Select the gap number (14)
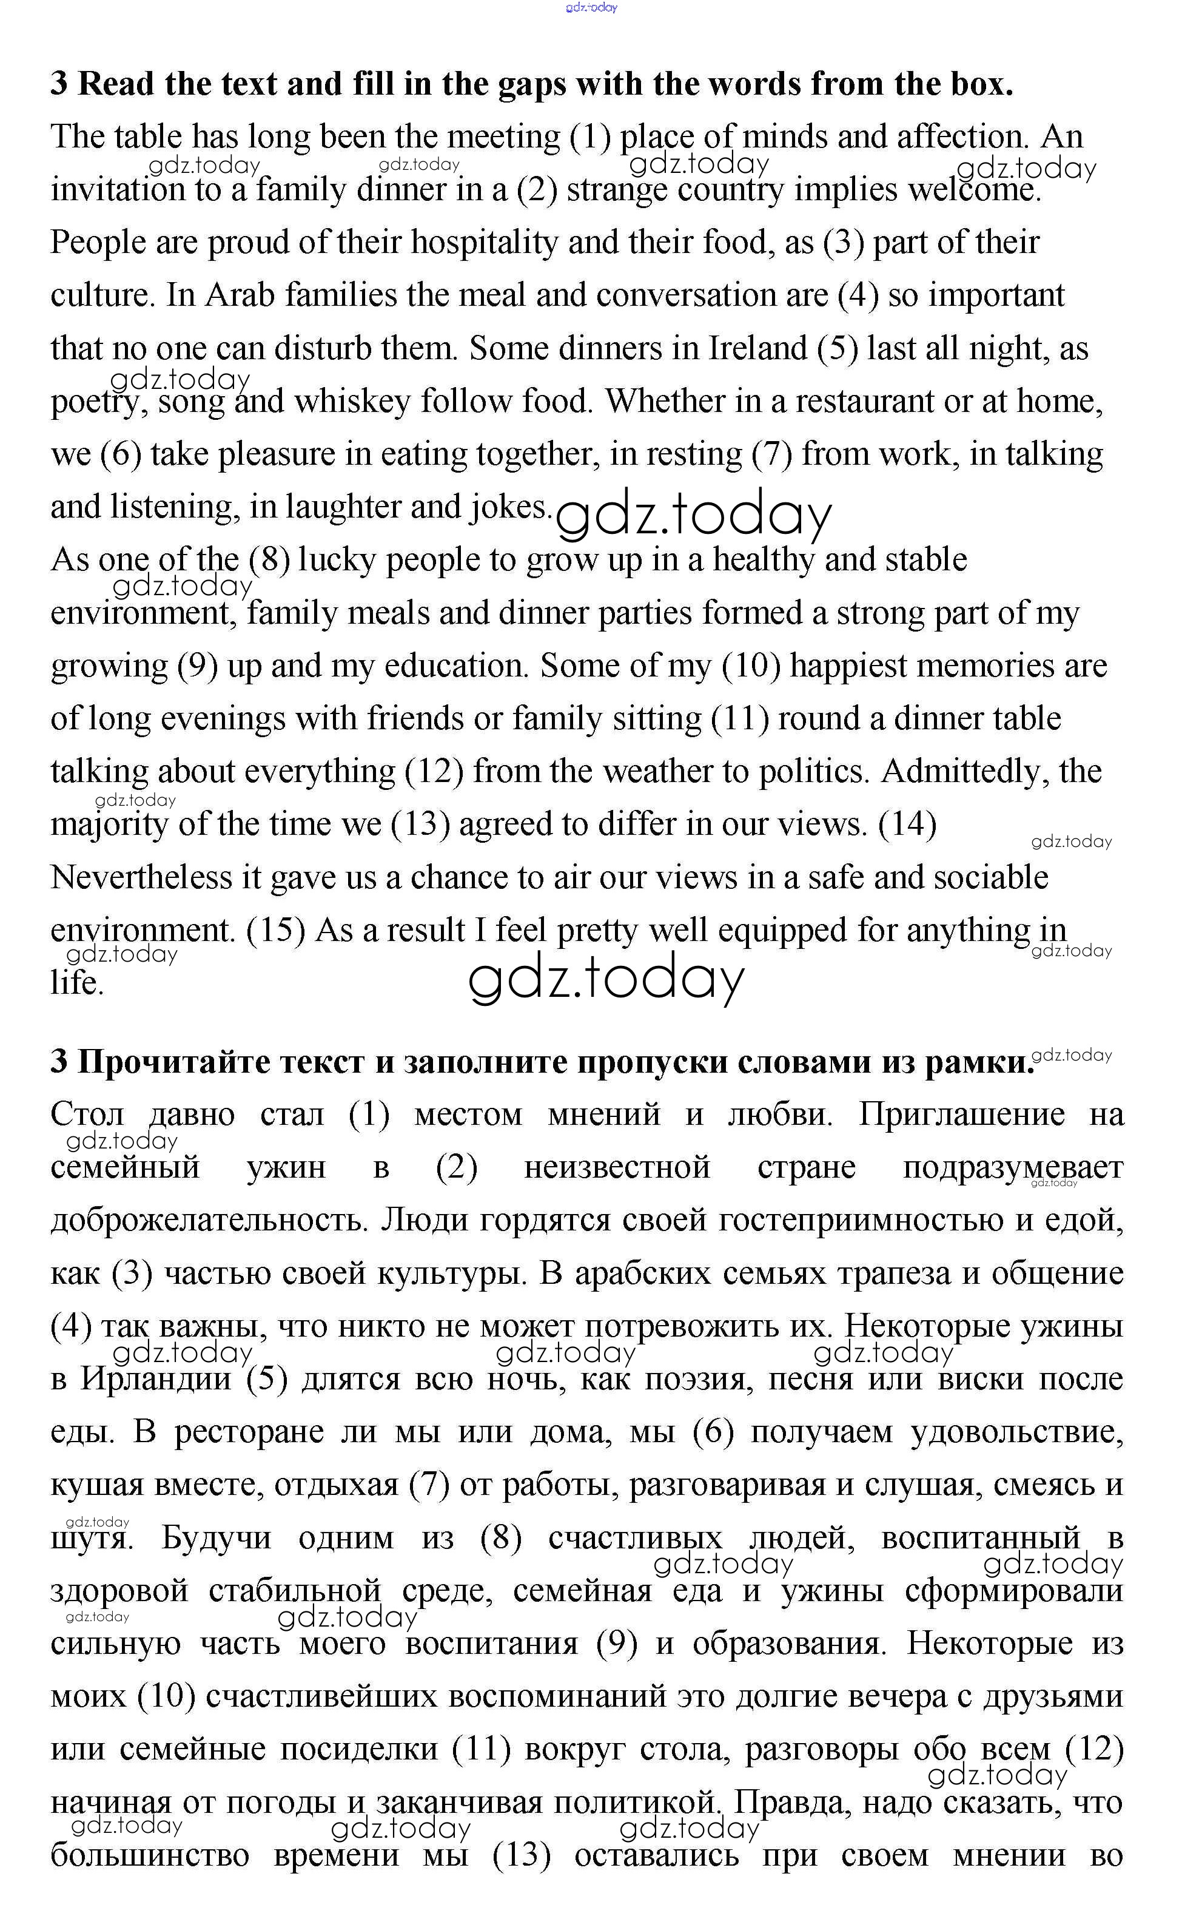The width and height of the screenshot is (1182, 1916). click(x=908, y=825)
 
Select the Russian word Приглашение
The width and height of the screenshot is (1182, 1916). click(x=961, y=1115)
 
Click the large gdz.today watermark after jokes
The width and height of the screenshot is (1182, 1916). click(x=693, y=516)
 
